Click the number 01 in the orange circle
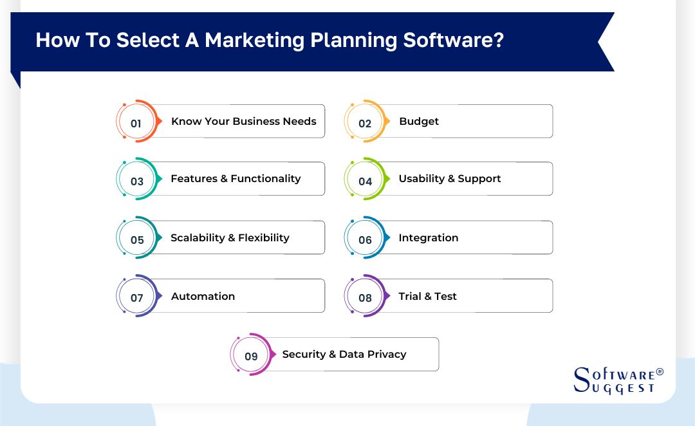(x=136, y=124)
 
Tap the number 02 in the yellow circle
(x=365, y=124)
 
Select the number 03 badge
(x=137, y=181)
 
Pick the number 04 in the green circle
(x=365, y=181)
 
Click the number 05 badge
(x=137, y=240)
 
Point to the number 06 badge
(x=365, y=240)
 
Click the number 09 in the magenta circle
(x=251, y=357)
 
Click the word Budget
(x=419, y=121)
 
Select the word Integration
(x=428, y=237)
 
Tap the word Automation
(x=203, y=296)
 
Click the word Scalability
(x=198, y=237)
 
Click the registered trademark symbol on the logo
(x=659, y=373)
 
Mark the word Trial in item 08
(x=410, y=296)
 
